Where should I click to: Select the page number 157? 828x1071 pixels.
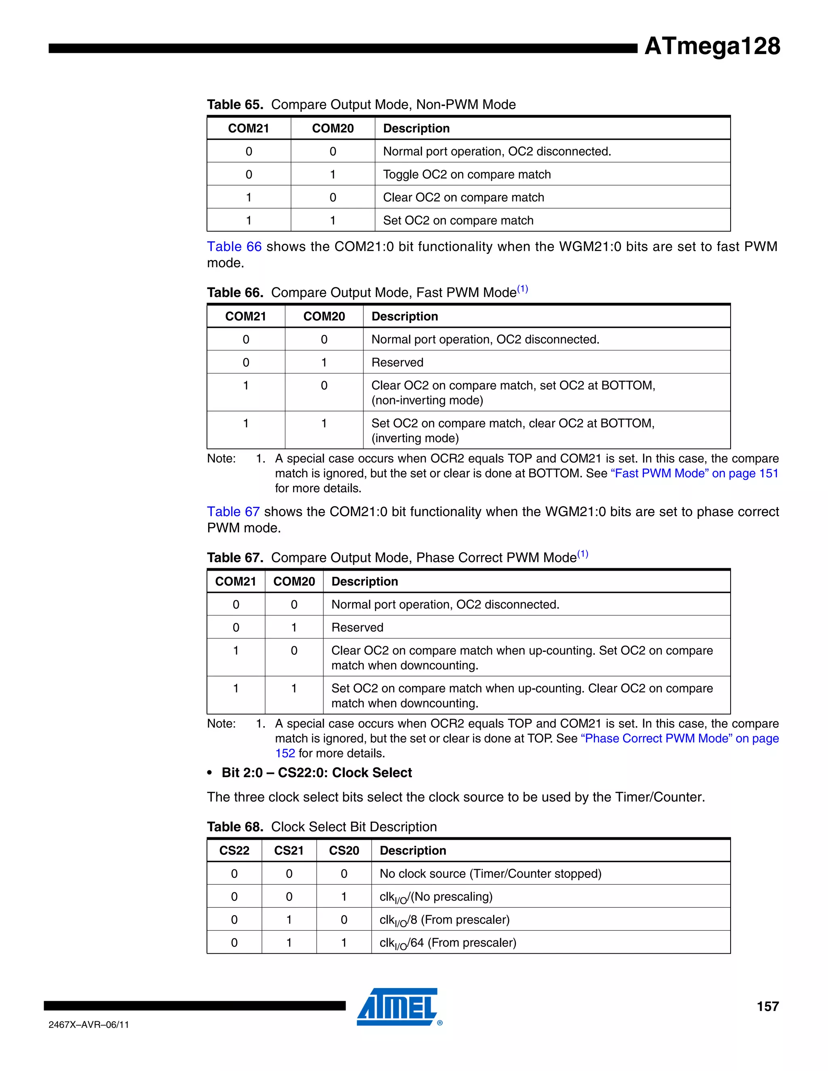(767, 1006)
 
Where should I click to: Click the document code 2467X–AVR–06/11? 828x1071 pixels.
(89, 1025)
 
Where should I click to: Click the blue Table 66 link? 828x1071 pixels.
(234, 247)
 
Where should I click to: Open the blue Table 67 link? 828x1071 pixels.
(233, 512)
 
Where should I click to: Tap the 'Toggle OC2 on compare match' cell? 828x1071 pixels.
(467, 175)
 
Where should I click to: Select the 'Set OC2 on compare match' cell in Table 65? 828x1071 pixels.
(458, 221)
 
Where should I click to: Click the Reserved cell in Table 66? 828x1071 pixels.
(397, 363)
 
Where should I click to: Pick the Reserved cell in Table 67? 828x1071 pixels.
(357, 627)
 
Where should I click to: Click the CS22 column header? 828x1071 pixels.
(234, 850)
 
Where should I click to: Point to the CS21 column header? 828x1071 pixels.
(289, 850)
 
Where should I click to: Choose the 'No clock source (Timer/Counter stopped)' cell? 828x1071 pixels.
(490, 873)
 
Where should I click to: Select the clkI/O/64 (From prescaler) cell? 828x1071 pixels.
(448, 942)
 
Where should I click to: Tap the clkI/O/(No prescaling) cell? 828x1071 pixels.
(435, 897)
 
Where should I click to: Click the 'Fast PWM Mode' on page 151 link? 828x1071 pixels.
(694, 473)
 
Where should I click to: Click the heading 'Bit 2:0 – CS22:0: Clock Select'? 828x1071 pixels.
(317, 773)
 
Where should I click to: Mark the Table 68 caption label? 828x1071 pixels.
(235, 827)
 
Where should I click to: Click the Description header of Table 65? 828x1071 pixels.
(416, 129)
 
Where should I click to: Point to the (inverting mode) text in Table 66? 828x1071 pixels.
(415, 438)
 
